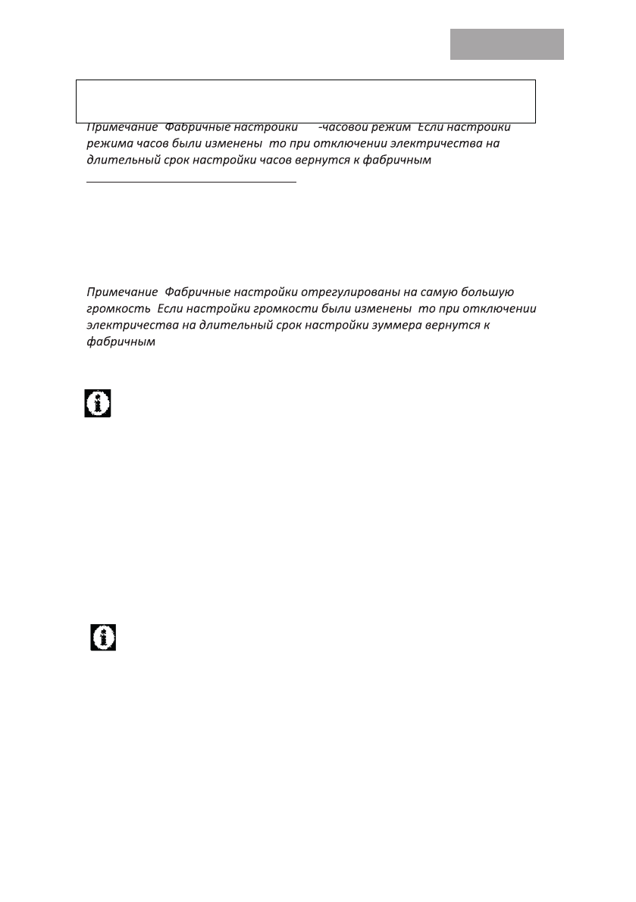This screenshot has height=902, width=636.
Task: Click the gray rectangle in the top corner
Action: (507, 44)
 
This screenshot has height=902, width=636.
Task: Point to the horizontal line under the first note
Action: (191, 182)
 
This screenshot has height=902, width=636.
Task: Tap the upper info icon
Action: (97, 403)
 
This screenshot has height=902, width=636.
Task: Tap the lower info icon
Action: (103, 637)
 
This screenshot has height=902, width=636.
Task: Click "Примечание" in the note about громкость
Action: (122, 291)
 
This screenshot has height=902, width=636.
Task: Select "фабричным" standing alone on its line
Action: (121, 342)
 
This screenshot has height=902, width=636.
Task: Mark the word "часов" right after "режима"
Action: (149, 144)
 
